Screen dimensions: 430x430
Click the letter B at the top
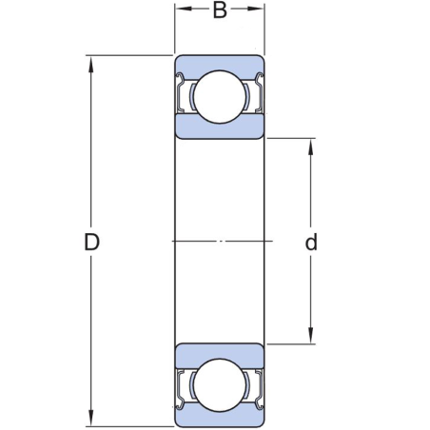pyautogui.click(x=219, y=11)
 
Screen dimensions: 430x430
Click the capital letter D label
pyautogui.click(x=91, y=243)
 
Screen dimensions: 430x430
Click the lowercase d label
pyautogui.click(x=311, y=243)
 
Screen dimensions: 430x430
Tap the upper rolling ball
pyautogui.click(x=219, y=95)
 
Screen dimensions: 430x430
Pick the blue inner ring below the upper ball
pyautogui.click(x=219, y=129)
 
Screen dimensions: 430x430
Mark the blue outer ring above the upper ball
pyautogui.click(x=219, y=61)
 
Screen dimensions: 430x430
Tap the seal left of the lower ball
pyautogui.click(x=184, y=388)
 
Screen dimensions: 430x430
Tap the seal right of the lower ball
pyautogui.click(x=255, y=388)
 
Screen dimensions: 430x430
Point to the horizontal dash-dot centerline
pyautogui.click(x=219, y=241)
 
